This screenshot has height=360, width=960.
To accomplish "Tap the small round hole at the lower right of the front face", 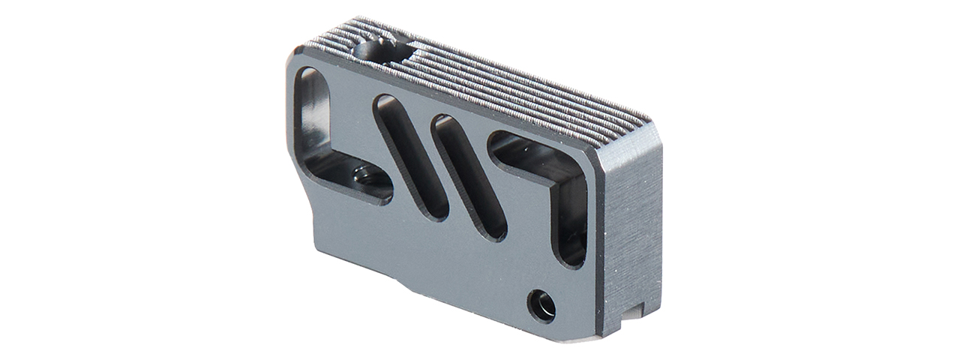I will tap(541, 304).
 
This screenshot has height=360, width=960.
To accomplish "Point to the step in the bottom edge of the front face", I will tap(405, 286).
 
